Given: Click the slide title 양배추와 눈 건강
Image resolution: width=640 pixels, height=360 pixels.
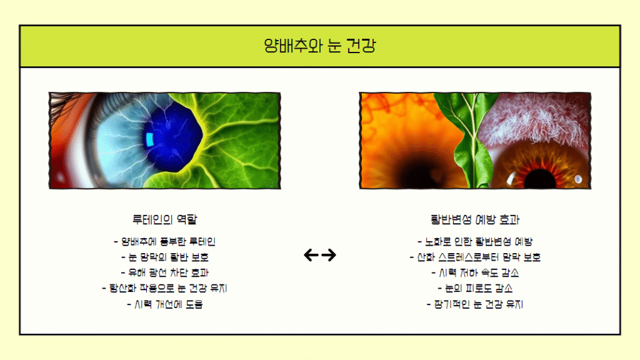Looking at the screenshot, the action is point(319,46).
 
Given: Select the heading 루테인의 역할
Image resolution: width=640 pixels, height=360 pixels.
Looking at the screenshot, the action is point(164,219).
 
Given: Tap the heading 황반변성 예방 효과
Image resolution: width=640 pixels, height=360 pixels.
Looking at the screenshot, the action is point(475,219).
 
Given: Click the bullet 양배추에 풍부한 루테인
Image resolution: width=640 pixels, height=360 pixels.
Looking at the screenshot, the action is point(164,242).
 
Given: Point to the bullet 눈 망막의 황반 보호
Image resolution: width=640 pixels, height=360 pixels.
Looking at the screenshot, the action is point(164,257).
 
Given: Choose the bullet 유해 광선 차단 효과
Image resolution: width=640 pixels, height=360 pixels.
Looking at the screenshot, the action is point(164,272).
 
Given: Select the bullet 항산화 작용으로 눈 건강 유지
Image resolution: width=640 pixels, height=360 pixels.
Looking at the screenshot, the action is point(164,289).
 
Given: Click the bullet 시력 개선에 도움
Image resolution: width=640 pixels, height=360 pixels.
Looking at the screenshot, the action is point(164,304).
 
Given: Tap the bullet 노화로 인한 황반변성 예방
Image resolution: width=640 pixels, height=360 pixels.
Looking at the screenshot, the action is point(475,242).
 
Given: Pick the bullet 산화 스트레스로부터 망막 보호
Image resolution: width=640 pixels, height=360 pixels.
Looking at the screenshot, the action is point(475,257).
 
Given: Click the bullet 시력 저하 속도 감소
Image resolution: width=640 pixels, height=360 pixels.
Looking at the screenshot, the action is point(475,272).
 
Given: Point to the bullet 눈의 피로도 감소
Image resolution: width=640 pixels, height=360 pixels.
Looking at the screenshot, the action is point(475,289).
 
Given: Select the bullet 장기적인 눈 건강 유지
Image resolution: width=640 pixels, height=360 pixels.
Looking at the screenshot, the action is point(475,304).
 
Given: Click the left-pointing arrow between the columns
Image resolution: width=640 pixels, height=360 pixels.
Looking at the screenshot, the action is point(311,255).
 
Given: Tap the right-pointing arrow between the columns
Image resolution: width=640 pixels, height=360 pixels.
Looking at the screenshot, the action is point(329,255).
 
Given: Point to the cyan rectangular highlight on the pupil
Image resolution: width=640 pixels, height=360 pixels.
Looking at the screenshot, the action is point(150,139).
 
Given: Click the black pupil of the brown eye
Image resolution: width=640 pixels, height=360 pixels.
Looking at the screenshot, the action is point(539,179).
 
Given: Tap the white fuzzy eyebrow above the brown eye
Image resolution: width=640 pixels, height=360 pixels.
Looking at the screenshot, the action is point(535,118).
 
